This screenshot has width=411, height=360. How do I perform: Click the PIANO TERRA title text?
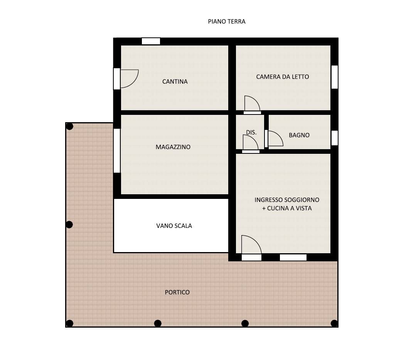(226, 22)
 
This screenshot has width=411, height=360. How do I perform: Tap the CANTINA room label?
(175, 82)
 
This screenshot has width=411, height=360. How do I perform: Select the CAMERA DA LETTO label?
(282, 77)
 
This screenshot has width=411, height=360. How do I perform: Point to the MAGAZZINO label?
(173, 147)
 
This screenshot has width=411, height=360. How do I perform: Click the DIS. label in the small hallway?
(251, 132)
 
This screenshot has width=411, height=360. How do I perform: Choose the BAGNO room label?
(299, 135)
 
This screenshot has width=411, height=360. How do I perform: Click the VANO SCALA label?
(174, 226)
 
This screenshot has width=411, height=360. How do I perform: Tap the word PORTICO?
(177, 292)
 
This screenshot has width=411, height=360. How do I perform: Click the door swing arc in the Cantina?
(130, 79)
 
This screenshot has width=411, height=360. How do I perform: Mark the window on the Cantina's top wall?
(151, 41)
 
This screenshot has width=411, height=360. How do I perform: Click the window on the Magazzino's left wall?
(117, 150)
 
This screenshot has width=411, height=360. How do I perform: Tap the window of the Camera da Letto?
(334, 77)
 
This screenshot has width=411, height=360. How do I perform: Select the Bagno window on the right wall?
(334, 138)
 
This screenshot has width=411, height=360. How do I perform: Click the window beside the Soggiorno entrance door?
(293, 257)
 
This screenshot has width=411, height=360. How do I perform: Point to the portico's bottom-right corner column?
(334, 323)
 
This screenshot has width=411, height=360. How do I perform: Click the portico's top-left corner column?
(69, 126)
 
